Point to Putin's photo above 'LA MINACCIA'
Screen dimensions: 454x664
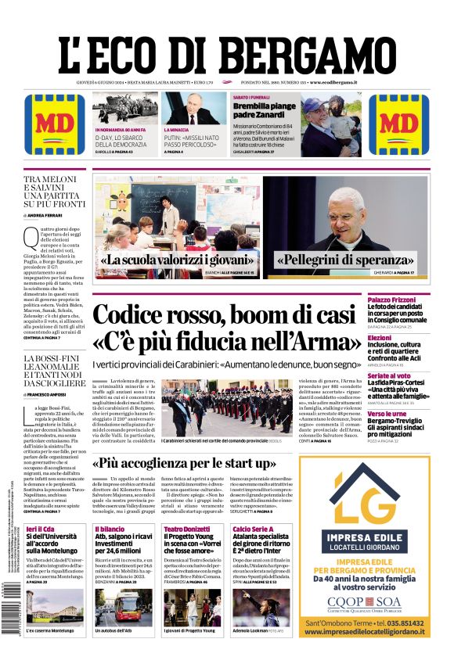click(x=194, y=109)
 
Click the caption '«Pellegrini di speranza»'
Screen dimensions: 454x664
click(x=346, y=260)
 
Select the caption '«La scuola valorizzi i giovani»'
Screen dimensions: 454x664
click(x=178, y=260)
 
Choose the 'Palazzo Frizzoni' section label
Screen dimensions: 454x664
click(x=392, y=300)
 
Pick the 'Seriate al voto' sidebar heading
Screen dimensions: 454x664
click(x=389, y=376)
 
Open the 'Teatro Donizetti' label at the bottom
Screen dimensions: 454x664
click(x=187, y=529)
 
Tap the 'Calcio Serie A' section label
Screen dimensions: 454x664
click(x=253, y=529)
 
